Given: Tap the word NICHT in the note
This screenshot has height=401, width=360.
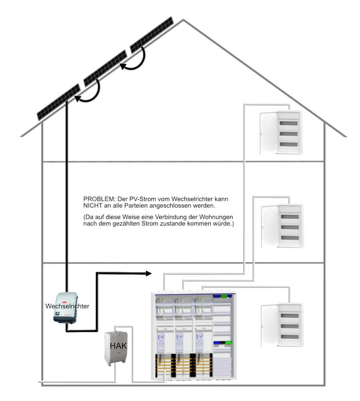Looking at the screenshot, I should point(93,206).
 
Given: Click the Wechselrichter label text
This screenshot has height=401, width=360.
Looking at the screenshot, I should point(67,306).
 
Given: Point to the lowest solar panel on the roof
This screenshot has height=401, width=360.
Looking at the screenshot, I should point(58,102).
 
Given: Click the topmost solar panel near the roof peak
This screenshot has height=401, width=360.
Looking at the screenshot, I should point(152,35).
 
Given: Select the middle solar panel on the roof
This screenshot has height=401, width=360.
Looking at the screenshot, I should point(105,68).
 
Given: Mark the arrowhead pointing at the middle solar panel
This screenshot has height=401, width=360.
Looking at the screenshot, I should point(123,66).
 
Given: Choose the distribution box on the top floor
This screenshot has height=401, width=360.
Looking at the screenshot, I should point(289,132).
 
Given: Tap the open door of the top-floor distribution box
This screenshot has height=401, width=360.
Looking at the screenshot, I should point(268,133).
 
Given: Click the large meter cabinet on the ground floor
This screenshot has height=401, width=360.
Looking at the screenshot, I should point(193,336).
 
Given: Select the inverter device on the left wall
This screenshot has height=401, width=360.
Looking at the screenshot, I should point(65,307).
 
